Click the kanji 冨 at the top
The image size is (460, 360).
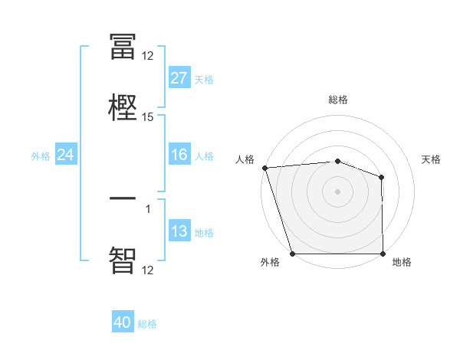pos(123,47)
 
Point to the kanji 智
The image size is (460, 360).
pos(123,259)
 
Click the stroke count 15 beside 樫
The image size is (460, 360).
pos(148,117)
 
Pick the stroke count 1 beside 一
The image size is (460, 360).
pos(148,209)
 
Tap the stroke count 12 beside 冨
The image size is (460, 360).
pos(148,55)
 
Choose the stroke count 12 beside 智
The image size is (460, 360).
pos(148,270)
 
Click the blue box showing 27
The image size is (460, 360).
pos(179,78)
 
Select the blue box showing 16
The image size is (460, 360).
pos(179,155)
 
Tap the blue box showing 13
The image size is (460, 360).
pos(179,231)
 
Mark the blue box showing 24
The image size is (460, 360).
pos(66,155)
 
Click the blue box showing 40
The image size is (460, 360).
pos(123,322)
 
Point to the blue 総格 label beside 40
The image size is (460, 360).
pos(147,324)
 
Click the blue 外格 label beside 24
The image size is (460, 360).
pos(41,156)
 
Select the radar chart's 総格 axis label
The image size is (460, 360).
pos(338,100)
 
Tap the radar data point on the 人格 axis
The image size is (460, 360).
pos(264,168)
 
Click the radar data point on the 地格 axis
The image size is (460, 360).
pos(383,253)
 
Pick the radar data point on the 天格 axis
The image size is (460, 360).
pos(381,178)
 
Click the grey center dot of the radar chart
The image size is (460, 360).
pos(338,191)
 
